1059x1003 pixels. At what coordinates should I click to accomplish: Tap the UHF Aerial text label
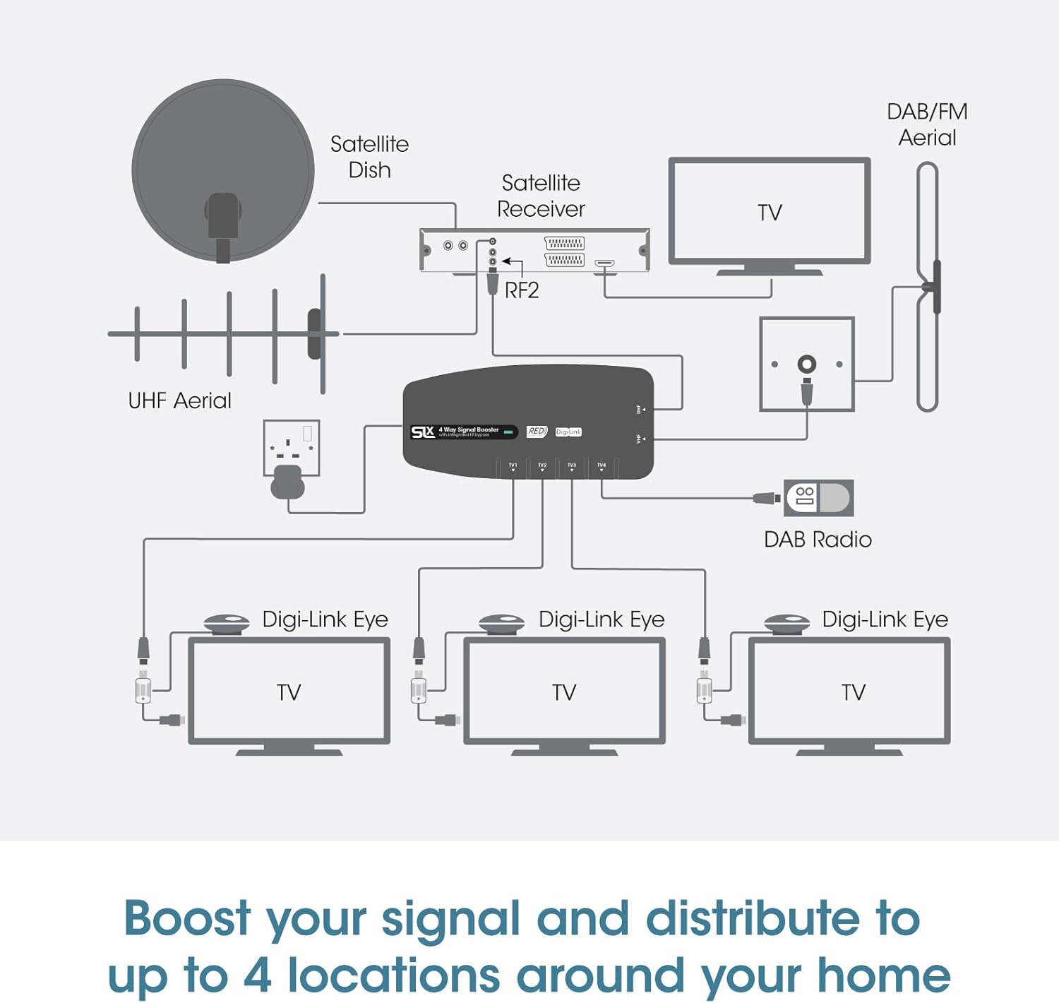click(179, 400)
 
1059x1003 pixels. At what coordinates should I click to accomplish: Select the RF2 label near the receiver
click(522, 290)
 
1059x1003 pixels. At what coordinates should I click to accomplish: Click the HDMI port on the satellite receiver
click(604, 263)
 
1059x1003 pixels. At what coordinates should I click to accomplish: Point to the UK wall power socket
click(292, 447)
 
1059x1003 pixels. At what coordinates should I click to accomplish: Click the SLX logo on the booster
click(423, 432)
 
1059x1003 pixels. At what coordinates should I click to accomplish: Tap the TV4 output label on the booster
click(602, 465)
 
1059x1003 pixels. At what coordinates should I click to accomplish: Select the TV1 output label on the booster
click(513, 465)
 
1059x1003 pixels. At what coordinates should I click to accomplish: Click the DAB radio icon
click(818, 498)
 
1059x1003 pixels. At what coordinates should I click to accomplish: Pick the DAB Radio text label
click(818, 540)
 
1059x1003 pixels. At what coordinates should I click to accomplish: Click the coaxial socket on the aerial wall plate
click(806, 364)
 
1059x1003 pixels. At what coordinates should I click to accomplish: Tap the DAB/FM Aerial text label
click(927, 124)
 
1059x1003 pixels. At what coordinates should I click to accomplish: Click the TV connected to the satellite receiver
click(770, 212)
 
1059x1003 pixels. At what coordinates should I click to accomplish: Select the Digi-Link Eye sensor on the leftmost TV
click(227, 623)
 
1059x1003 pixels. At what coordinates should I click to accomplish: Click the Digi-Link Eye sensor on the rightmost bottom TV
click(786, 623)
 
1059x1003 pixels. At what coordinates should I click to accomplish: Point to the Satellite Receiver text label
click(541, 196)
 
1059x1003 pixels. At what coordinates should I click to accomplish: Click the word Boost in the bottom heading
click(187, 918)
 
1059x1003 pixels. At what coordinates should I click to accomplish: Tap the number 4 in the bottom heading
click(257, 975)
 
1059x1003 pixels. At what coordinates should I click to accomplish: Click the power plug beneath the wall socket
click(287, 482)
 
